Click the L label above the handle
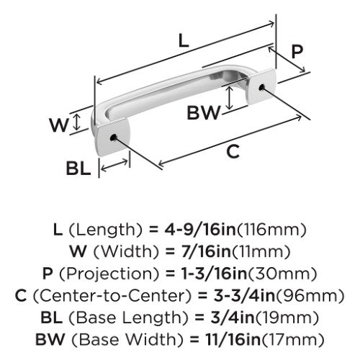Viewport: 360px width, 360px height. click(x=184, y=40)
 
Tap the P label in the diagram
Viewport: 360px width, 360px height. click(x=297, y=51)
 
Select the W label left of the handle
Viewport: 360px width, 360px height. click(x=59, y=125)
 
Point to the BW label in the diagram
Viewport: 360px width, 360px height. click(x=204, y=113)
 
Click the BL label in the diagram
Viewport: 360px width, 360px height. click(x=78, y=168)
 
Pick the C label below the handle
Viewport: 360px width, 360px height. click(x=233, y=151)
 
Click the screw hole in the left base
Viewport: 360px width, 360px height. click(x=113, y=138)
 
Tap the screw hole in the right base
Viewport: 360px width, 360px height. click(x=262, y=87)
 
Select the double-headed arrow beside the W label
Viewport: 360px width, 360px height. click(x=76, y=122)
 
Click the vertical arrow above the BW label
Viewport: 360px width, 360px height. click(x=230, y=98)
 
